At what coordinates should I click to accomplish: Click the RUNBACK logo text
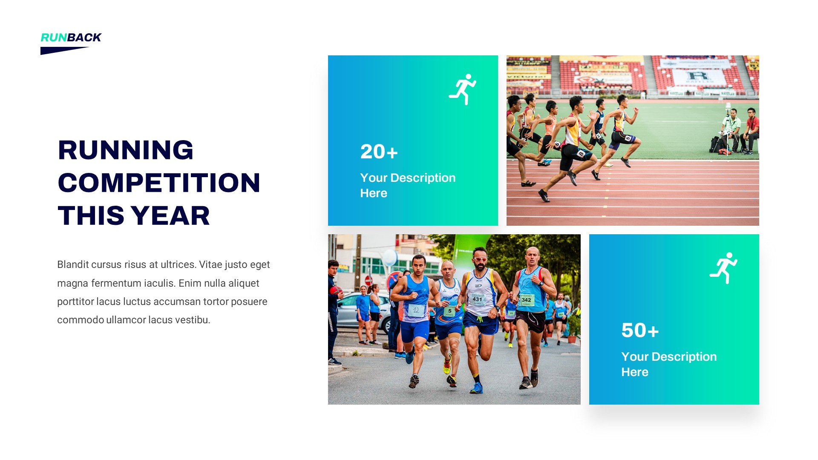click(x=71, y=37)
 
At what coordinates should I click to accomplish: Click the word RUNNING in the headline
click(x=126, y=150)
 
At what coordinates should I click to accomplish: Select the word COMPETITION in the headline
click(x=159, y=183)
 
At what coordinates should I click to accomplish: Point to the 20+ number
click(x=379, y=152)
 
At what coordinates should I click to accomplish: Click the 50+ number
click(x=640, y=331)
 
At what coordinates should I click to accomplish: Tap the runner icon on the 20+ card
click(x=463, y=89)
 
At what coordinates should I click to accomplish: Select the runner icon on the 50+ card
click(x=724, y=268)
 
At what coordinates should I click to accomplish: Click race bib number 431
click(x=477, y=299)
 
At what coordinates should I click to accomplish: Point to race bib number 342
click(x=527, y=300)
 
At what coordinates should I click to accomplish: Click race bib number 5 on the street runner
click(x=450, y=311)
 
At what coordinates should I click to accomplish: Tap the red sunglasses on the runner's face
click(x=480, y=259)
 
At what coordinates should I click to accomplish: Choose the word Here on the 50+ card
click(x=634, y=372)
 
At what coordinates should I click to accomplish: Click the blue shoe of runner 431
click(x=477, y=388)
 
